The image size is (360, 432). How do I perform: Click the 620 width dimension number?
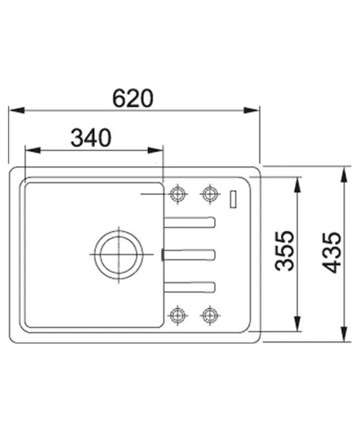132,99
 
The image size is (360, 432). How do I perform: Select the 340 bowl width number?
91,138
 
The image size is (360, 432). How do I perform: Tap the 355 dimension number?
285,251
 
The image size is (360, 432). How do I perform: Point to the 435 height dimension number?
332,253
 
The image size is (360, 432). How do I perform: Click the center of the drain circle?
119,254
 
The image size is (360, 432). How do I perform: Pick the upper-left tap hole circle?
178,194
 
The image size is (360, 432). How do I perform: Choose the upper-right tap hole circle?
210,194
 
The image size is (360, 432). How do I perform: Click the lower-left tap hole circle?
178,315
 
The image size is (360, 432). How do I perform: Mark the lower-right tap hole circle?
210,315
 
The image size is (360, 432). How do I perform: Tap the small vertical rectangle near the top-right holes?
233,199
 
